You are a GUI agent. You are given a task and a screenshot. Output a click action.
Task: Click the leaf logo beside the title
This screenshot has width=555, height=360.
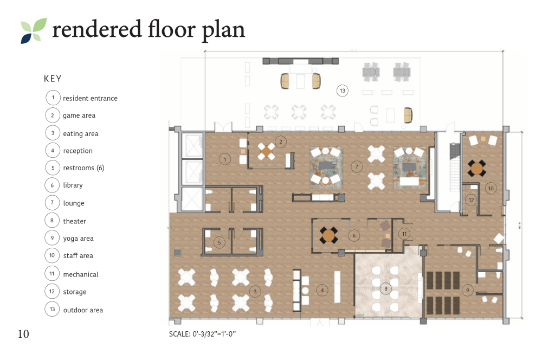coord(34,30)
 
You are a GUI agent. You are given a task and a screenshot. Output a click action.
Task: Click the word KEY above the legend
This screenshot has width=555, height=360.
coord(53,79)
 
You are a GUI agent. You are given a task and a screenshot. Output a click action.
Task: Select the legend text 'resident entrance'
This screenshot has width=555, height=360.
coord(91,99)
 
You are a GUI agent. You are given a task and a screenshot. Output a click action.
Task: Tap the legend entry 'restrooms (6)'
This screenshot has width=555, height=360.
coord(83,168)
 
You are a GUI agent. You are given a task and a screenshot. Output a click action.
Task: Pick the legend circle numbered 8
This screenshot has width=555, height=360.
coord(52,220)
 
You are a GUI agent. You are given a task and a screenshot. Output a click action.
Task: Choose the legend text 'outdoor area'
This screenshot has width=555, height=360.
coord(83,310)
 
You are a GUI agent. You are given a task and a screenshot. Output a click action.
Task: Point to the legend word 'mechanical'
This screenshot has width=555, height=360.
coord(81,274)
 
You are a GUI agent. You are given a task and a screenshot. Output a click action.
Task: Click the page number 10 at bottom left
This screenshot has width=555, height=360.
coord(23,334)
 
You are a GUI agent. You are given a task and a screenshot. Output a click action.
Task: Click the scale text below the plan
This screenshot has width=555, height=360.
coord(203,334)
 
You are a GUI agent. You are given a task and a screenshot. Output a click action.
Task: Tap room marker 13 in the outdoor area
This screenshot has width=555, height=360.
coord(343,91)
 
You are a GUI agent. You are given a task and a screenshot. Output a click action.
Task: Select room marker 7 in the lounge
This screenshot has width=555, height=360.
coord(357,166)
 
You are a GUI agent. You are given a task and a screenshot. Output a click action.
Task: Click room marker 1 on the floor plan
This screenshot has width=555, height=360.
coord(225,159)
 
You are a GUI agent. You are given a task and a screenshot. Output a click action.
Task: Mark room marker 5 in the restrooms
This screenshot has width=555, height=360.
coord(220,242)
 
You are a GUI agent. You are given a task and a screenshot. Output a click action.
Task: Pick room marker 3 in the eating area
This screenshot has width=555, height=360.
coord(255,292)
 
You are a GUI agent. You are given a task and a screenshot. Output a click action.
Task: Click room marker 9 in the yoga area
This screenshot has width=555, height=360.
coord(468,290)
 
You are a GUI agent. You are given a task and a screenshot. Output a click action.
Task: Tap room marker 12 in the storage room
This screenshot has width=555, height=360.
coord(471,200)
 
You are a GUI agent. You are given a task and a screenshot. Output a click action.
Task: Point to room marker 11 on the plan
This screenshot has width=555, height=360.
coord(404,234)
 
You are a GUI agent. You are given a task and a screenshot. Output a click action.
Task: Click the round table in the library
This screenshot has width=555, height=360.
coord(329,235)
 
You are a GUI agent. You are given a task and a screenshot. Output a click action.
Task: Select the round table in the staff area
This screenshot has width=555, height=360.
coord(477,168)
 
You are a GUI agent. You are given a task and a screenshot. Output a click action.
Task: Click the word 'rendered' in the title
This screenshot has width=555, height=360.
coord(97,29)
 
